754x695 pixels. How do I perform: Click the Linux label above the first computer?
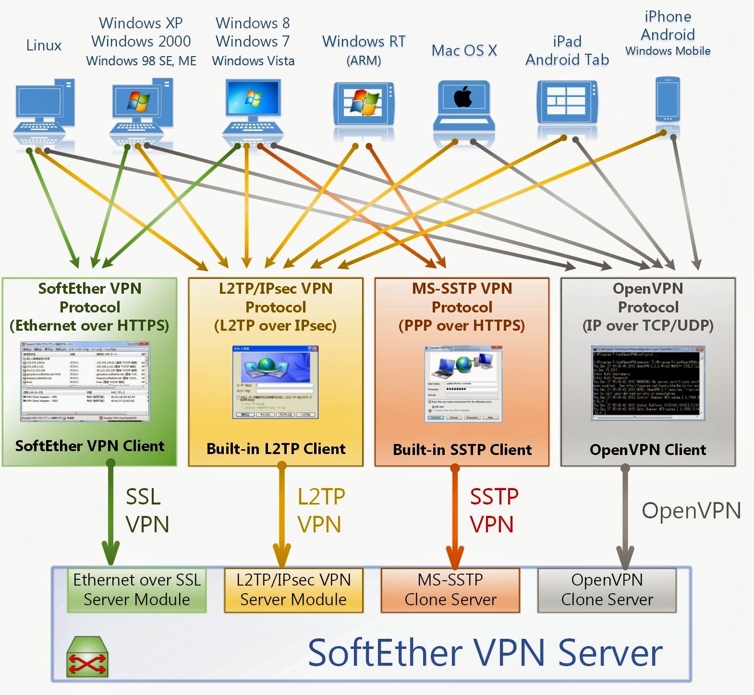[x=44, y=46]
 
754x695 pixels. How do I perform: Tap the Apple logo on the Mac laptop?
[x=463, y=97]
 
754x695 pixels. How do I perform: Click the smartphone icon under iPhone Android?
[x=668, y=100]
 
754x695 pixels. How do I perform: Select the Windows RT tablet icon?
[x=364, y=104]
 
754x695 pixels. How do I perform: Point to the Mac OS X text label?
[x=464, y=50]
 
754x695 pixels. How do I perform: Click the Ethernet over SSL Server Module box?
[x=137, y=590]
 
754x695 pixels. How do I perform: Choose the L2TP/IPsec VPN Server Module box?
[x=293, y=590]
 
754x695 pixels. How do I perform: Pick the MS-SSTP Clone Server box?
[x=450, y=590]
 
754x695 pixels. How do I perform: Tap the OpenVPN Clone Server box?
[x=607, y=590]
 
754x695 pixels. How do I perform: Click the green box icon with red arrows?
[x=87, y=657]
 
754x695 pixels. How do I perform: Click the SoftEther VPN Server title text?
[x=485, y=653]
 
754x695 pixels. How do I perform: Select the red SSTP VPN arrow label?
[x=493, y=510]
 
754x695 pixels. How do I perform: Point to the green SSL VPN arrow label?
[x=146, y=510]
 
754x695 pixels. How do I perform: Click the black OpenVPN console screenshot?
[x=648, y=383]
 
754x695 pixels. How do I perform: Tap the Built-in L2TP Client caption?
[x=276, y=449]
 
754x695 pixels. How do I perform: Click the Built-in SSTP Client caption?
[x=462, y=450]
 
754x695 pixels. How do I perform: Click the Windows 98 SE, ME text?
[x=141, y=61]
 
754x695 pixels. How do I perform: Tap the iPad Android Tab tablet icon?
[x=567, y=103]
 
